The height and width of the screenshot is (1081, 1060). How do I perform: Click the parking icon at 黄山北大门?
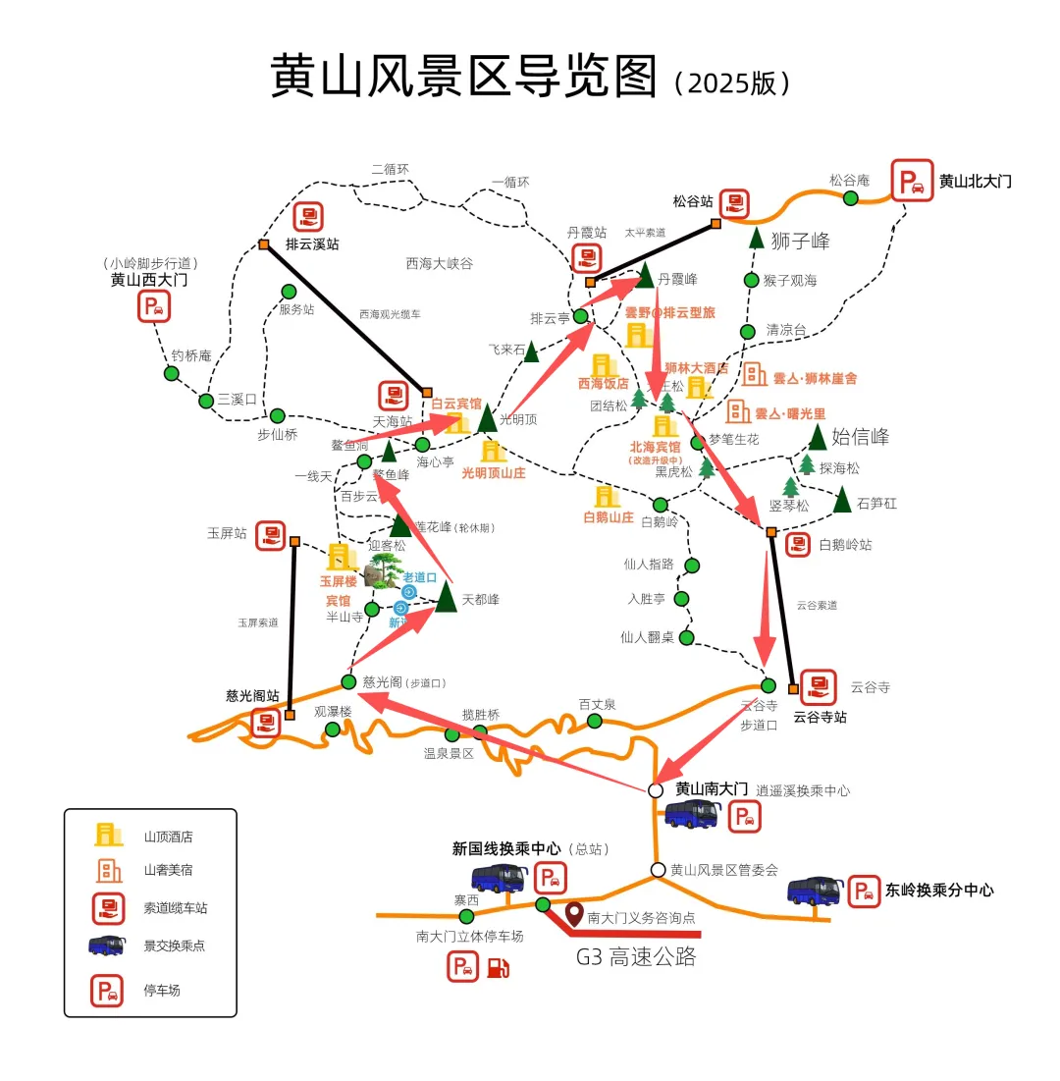912,181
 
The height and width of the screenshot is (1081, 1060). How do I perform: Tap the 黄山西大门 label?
148,280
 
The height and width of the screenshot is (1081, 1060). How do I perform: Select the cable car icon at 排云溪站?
308,217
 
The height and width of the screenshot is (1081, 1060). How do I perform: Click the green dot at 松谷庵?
851,198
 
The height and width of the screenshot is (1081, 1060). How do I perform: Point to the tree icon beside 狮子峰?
757,238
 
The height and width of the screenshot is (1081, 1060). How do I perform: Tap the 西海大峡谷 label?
439,263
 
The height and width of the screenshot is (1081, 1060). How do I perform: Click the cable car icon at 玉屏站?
270,536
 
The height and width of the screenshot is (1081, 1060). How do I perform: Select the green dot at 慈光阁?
348,681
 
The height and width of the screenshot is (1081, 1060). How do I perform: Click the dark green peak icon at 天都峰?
447,596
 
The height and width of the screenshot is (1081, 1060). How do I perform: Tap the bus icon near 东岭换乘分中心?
816,891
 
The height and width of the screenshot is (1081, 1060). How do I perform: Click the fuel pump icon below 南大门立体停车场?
499,967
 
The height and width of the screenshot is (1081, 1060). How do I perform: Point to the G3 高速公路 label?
636,956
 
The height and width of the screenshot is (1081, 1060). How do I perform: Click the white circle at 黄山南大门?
656,790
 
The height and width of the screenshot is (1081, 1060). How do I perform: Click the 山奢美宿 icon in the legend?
108,870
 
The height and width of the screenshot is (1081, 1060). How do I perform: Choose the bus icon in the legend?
107,946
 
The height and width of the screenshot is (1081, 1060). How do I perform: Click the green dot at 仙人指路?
691,566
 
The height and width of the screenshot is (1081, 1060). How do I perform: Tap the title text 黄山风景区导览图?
463,77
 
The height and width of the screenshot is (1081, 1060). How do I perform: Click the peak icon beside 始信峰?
817,437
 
